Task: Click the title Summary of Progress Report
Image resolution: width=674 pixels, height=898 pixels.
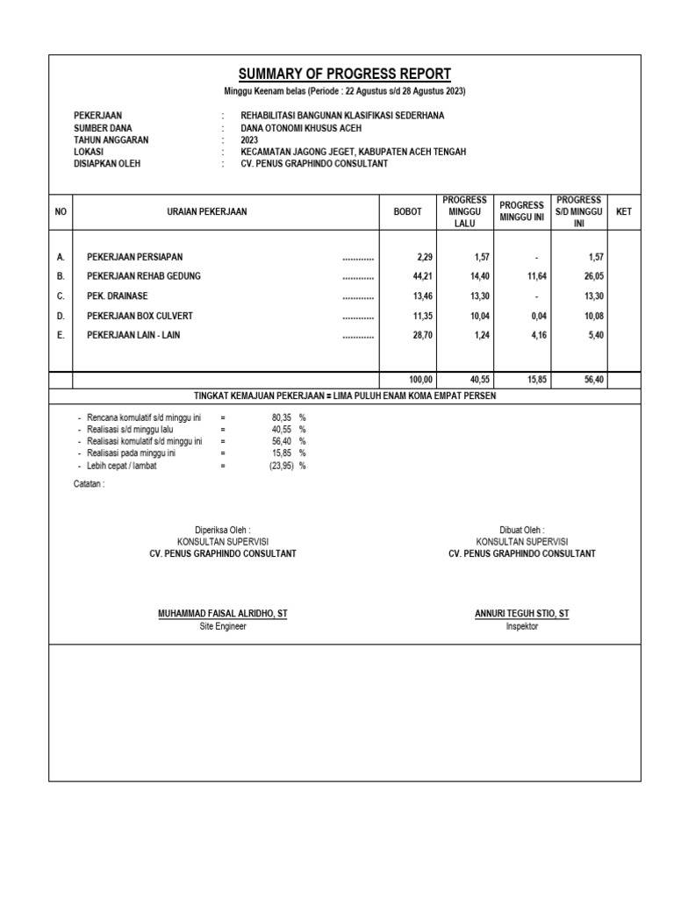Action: tap(344, 74)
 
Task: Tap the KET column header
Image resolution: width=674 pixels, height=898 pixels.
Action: tap(624, 212)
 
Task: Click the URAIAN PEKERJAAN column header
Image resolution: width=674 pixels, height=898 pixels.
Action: tap(207, 212)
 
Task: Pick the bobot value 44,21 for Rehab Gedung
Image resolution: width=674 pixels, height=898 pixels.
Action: tap(423, 276)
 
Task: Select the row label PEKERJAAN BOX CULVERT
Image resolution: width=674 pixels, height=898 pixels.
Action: tap(139, 315)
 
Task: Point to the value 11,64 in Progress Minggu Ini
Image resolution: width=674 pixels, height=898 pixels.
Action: tap(536, 276)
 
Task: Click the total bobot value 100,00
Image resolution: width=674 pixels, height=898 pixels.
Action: tap(421, 381)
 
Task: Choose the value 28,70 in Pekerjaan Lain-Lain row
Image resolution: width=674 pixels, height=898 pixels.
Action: tap(423, 335)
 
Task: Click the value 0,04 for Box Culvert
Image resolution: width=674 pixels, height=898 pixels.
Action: tap(538, 316)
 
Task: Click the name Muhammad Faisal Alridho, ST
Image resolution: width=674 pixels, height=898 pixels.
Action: tap(222, 614)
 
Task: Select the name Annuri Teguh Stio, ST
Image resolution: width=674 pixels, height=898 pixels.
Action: tap(521, 614)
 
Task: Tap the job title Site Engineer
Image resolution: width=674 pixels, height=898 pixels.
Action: tap(223, 627)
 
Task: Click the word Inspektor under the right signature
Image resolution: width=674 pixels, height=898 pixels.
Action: tap(522, 627)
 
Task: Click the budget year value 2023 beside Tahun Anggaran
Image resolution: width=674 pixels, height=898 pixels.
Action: tap(250, 139)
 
